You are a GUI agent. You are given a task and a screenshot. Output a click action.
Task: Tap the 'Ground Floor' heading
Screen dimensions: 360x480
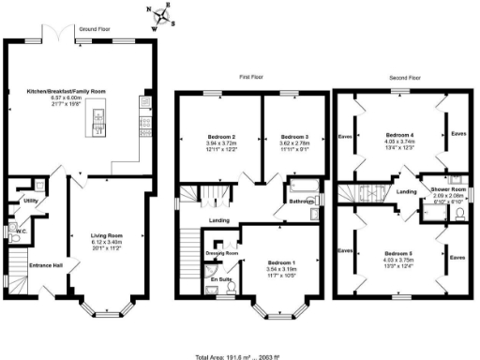coord(97,29)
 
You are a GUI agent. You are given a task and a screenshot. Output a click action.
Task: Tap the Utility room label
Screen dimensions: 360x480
coord(31,201)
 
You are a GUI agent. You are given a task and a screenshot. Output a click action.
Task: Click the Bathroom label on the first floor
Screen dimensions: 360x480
coord(301,202)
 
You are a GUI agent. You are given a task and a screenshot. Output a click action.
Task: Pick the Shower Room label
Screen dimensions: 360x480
coord(447,188)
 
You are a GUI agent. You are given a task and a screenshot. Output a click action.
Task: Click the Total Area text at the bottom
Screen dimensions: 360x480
coord(240,355)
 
